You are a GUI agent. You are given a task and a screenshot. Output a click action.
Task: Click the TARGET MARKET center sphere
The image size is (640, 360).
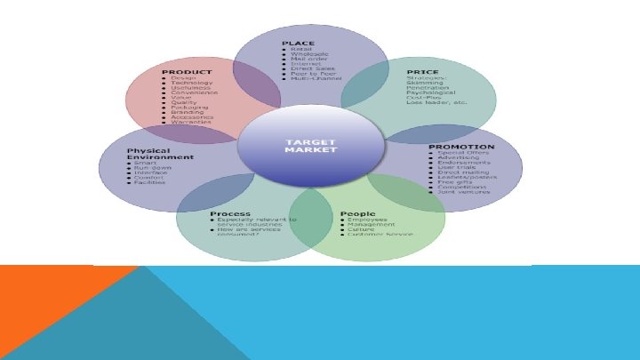[x=310, y=145]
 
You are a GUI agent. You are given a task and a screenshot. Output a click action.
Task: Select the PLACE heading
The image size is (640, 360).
[x=299, y=44]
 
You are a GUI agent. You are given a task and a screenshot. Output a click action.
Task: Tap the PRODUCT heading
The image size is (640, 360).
[x=186, y=71]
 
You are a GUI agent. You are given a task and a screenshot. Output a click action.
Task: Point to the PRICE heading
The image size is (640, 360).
[x=422, y=71]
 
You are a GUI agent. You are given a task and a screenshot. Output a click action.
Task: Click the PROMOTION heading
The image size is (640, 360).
[x=461, y=146]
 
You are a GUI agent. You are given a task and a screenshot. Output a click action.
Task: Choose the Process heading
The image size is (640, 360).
[x=223, y=213]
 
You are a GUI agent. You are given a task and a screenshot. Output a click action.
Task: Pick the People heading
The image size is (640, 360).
[x=357, y=213]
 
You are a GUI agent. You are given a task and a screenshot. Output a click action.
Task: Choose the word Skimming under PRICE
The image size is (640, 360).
[x=425, y=83]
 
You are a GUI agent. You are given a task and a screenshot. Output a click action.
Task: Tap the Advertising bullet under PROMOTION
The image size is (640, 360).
[x=460, y=159]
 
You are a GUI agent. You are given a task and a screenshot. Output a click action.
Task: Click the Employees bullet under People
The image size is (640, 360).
[x=367, y=220]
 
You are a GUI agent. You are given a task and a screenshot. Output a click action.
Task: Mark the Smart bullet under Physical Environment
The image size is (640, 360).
[x=142, y=164]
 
